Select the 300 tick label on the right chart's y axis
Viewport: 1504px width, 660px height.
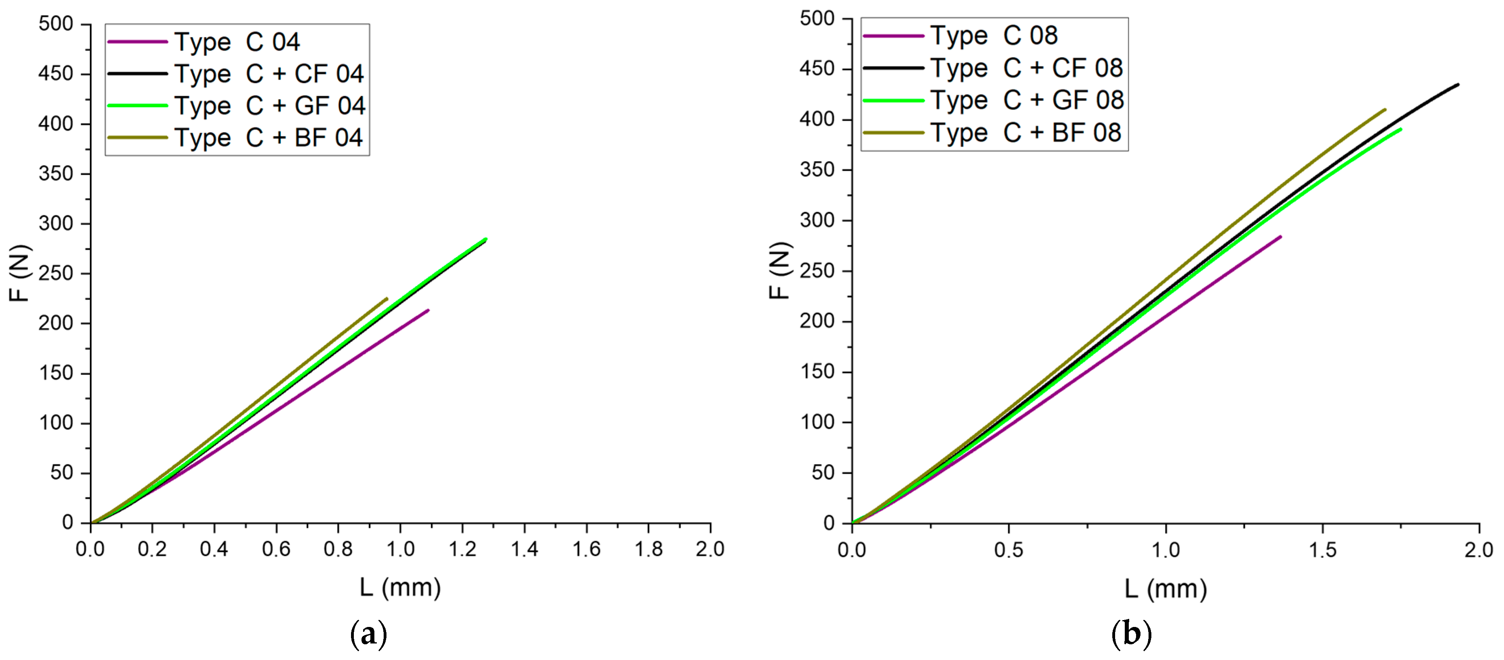[x=817, y=220]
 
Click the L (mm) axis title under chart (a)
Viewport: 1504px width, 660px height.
[x=400, y=587]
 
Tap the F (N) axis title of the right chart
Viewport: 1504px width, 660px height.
[x=779, y=271]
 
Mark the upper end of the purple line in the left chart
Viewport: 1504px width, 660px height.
[x=428, y=310]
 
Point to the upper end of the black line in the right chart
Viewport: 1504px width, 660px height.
[x=1458, y=85]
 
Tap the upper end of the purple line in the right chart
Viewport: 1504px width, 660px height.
[x=1280, y=237]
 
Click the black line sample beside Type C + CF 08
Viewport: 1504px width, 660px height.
[x=893, y=68]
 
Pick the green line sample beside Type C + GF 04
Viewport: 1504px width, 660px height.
[x=138, y=106]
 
